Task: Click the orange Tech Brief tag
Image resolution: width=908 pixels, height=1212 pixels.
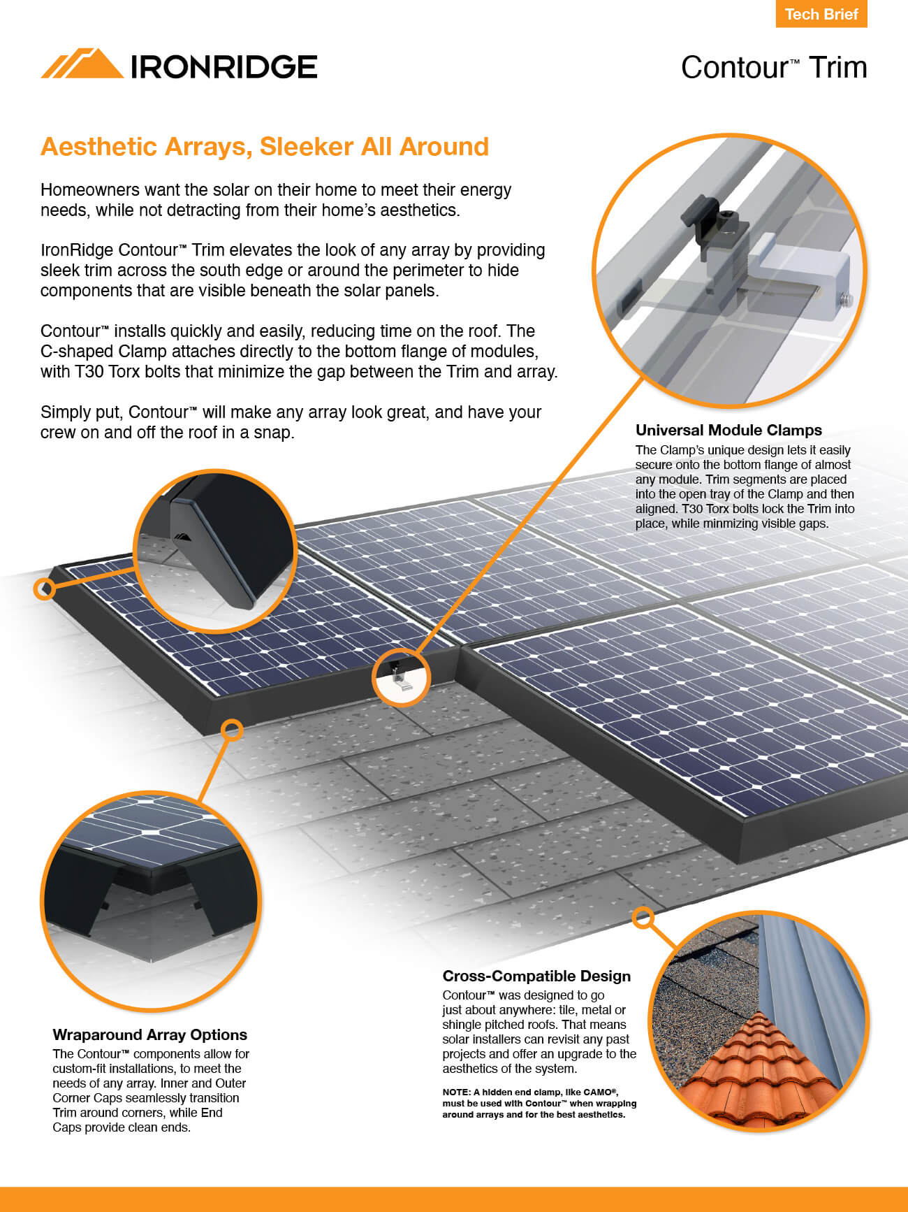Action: tap(821, 14)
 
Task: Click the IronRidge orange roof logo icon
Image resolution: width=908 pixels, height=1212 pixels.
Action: tap(82, 64)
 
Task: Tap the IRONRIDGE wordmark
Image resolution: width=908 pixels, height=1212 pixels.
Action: tap(224, 67)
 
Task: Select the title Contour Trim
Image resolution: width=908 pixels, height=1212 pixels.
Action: tap(773, 68)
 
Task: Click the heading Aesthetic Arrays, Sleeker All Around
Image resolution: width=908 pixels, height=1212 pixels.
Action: tap(265, 147)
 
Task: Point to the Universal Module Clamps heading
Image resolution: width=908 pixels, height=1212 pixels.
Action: tap(728, 430)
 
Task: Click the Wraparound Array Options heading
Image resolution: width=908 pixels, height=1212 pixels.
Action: tap(149, 1034)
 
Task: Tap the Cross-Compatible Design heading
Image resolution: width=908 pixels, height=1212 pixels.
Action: tap(536, 976)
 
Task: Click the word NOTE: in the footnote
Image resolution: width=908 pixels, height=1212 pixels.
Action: tap(455, 1092)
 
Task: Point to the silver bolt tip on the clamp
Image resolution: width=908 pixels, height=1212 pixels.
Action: tap(848, 299)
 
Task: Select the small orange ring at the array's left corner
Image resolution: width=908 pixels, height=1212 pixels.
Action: tap(44, 589)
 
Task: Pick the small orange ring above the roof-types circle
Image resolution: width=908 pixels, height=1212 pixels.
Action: tap(643, 917)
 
